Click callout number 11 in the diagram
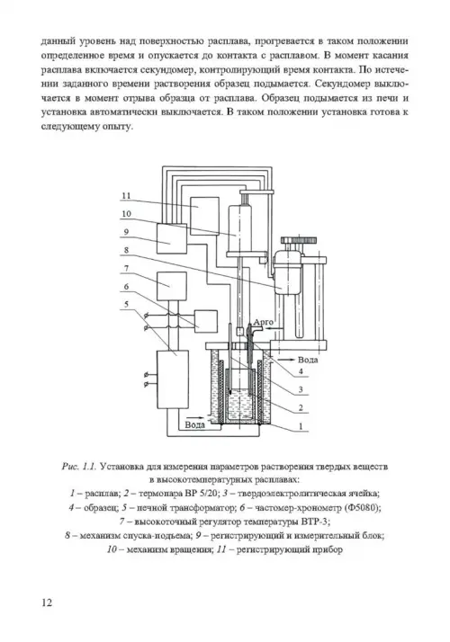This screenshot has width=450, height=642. (126, 196)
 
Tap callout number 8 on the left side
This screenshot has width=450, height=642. (126, 250)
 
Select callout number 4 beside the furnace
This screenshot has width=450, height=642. (301, 371)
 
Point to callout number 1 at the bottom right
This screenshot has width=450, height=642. (301, 426)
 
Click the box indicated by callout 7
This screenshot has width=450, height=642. (172, 286)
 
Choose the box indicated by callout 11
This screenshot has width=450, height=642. (204, 216)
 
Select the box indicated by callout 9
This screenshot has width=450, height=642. (172, 238)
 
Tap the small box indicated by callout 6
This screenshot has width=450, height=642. (206, 321)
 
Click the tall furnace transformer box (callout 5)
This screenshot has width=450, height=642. (173, 379)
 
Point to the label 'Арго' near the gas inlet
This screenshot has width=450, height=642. (263, 322)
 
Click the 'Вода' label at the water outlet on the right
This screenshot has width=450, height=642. (308, 360)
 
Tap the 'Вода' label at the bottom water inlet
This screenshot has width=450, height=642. (194, 424)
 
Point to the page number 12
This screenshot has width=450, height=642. (47, 602)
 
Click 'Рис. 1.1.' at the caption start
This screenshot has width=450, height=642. (79, 467)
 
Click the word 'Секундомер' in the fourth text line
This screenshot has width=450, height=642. (360, 84)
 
